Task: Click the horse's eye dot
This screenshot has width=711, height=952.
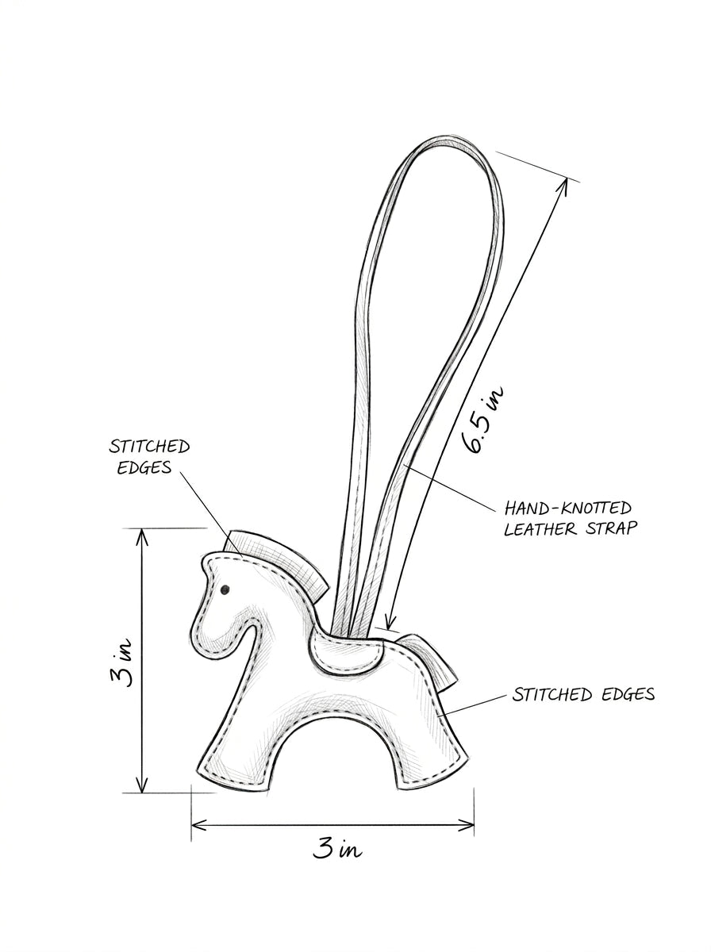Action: pos(225,589)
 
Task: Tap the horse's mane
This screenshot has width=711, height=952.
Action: pos(278,559)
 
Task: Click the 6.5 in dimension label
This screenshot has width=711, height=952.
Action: pos(482,419)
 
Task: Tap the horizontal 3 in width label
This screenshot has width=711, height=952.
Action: pos(337,848)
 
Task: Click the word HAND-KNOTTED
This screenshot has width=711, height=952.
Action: pos(568,508)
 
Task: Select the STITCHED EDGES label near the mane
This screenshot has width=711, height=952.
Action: pos(149,457)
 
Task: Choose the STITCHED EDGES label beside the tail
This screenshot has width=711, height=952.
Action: pos(583,694)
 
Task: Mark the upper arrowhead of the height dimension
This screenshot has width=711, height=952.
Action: pos(142,537)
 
